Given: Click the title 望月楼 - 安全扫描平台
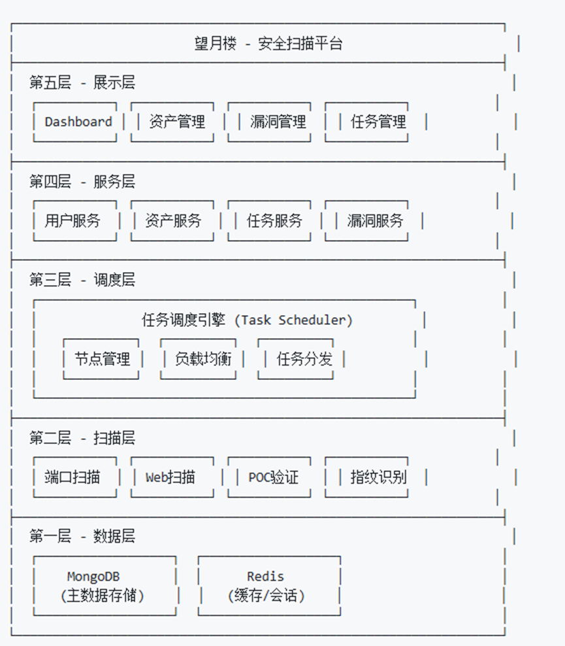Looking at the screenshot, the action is pos(268,44).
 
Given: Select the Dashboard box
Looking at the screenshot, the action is pos(78,122).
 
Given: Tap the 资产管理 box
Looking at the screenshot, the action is pos(177,122).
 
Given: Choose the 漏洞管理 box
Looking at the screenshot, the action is pos(278,122).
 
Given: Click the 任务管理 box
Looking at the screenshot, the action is pos(378,122).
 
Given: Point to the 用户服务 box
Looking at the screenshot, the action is pos(73,221).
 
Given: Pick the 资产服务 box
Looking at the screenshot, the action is pos(173,221).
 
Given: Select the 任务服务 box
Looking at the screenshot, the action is pos(274,221).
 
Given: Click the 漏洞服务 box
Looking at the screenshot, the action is pos(375,221).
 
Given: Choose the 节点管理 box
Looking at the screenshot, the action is pos(102,359).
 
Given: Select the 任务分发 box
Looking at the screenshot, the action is pos(304,359).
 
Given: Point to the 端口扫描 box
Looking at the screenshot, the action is pos(73,477).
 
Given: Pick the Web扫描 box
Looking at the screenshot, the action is pos(170,477).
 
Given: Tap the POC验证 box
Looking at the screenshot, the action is pos(273,477).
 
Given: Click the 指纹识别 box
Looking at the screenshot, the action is pos(378,477).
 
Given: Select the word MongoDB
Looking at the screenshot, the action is pos(93,577).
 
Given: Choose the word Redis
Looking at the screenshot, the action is pos(265,577).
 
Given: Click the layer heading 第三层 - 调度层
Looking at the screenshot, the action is pos(82,280).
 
